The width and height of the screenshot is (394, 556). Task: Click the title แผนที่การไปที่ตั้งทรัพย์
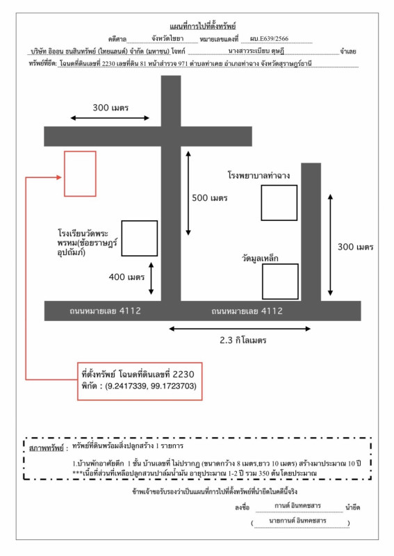pyautogui.click(x=202, y=26)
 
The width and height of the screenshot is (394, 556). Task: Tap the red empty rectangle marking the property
pyautogui.click(x=80, y=174)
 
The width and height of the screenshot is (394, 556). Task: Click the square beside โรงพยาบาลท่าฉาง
pyautogui.click(x=279, y=203)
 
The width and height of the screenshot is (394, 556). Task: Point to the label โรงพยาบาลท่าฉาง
pyautogui.click(x=258, y=176)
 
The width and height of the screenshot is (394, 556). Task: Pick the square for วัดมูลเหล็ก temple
pyautogui.click(x=280, y=281)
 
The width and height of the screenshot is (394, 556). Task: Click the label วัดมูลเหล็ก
pyautogui.click(x=260, y=259)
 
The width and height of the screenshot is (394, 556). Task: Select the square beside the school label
pyautogui.click(x=140, y=238)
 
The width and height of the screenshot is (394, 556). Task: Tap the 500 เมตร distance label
pyautogui.click(x=210, y=198)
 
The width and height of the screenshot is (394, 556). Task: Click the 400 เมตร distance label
pyautogui.click(x=126, y=277)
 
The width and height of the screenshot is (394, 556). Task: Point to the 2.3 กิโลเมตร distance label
pyautogui.click(x=243, y=341)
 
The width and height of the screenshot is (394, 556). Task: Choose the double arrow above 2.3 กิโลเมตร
pyautogui.click(x=240, y=329)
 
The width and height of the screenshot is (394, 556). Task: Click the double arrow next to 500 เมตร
pyautogui.click(x=188, y=193)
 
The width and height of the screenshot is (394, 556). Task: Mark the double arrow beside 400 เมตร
pyautogui.click(x=151, y=279)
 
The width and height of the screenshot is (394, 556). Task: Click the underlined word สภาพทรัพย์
pyautogui.click(x=47, y=448)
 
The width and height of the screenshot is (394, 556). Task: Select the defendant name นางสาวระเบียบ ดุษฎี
pyautogui.click(x=256, y=51)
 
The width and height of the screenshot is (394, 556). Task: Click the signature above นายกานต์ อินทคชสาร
pyautogui.click(x=297, y=506)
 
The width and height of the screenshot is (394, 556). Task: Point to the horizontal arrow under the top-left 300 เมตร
pyautogui.click(x=110, y=118)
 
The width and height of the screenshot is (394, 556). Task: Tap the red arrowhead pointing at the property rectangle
pyautogui.click(x=59, y=177)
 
